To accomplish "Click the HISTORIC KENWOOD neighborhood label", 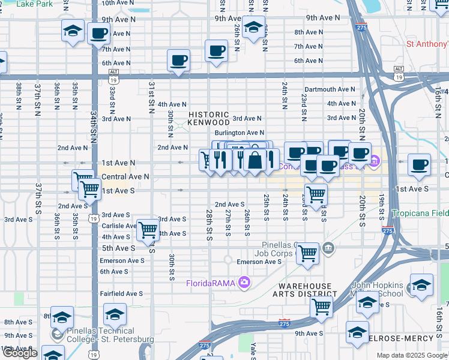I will [x=208, y=118].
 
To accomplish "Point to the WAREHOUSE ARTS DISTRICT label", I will [x=304, y=290].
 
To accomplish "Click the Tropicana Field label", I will [x=420, y=214].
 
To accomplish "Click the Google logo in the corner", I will [x=20, y=353].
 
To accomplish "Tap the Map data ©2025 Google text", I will [x=412, y=355].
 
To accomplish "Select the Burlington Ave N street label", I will [x=239, y=133].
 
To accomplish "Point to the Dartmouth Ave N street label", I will [x=330, y=89].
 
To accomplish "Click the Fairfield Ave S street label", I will [x=122, y=293].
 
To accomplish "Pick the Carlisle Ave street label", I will [x=118, y=226].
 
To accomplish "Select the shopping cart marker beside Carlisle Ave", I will [x=147, y=229].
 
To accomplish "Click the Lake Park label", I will [x=34, y=4].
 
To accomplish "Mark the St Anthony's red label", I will [x=427, y=44].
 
